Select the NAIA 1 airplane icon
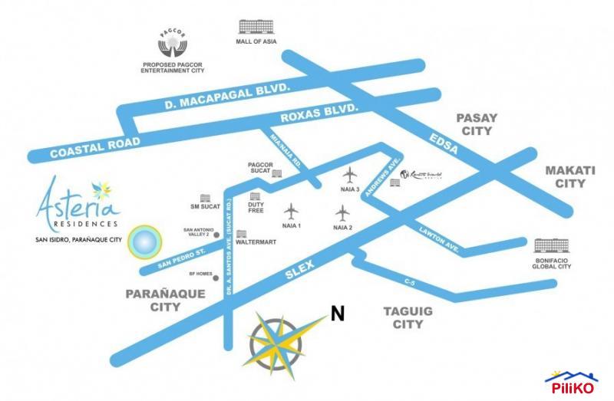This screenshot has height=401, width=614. [x=292, y=210]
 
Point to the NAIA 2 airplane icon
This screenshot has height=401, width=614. [x=343, y=212]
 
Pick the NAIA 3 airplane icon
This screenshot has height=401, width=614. [x=350, y=174]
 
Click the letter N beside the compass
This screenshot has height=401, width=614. [x=335, y=313]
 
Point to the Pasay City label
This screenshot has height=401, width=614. [x=477, y=124]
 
